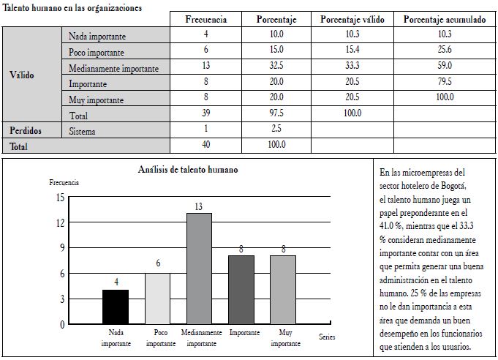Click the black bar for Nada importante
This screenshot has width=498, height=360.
click(x=116, y=307)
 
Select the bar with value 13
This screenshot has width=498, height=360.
click(x=199, y=269)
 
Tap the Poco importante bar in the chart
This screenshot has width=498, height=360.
click(x=158, y=299)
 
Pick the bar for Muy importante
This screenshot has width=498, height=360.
click(x=284, y=290)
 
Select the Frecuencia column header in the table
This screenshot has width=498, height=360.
click(x=205, y=19)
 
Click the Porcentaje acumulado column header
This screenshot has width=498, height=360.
click(x=444, y=19)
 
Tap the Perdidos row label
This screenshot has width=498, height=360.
click(x=25, y=131)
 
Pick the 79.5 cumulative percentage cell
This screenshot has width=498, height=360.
click(x=444, y=83)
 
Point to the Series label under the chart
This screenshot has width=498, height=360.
click(x=328, y=337)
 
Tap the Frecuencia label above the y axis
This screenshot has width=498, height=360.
click(x=64, y=181)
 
